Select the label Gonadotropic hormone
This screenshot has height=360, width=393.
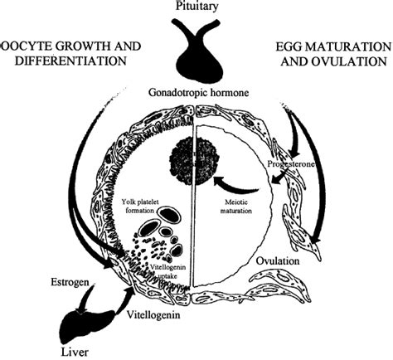click(x=196, y=94)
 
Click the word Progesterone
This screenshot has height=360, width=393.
click(x=290, y=165)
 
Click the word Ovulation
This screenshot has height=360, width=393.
click(x=277, y=260)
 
